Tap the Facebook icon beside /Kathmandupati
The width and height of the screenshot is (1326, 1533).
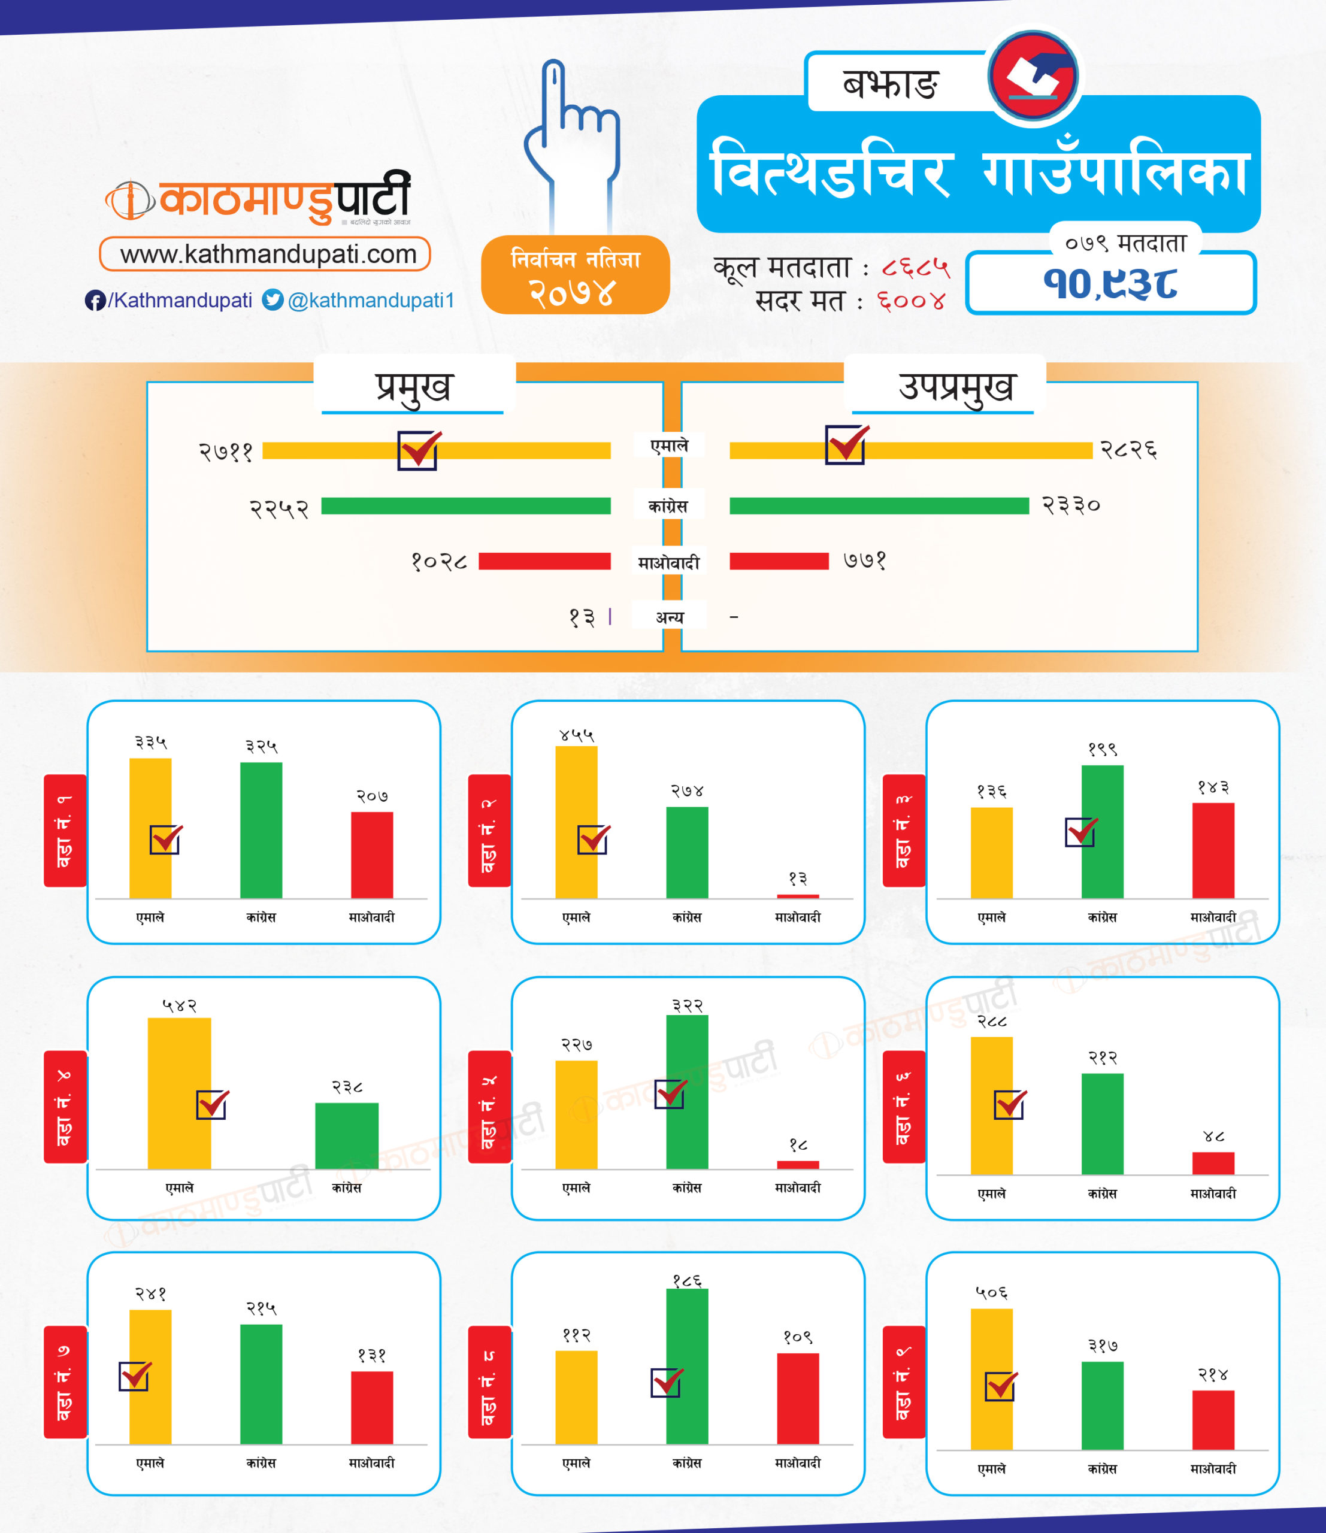point(95,301)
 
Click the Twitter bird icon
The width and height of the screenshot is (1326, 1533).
point(273,299)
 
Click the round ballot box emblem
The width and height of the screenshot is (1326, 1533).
point(1034,75)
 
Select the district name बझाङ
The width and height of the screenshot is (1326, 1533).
point(890,84)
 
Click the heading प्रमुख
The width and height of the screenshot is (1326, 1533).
point(414,386)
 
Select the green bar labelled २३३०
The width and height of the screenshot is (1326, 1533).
point(879,506)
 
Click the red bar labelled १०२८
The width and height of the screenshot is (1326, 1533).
point(544,562)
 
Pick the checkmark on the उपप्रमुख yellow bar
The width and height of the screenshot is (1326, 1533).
point(846,445)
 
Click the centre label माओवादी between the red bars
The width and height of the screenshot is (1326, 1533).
point(669,563)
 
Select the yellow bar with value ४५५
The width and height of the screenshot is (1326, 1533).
point(576,821)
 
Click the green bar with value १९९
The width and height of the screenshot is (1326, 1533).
point(1103,832)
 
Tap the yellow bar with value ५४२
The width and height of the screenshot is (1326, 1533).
point(179,1093)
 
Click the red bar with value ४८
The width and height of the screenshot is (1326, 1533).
point(1213,1163)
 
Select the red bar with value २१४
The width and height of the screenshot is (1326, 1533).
point(1213,1420)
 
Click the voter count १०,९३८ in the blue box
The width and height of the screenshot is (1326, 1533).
point(1110,284)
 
